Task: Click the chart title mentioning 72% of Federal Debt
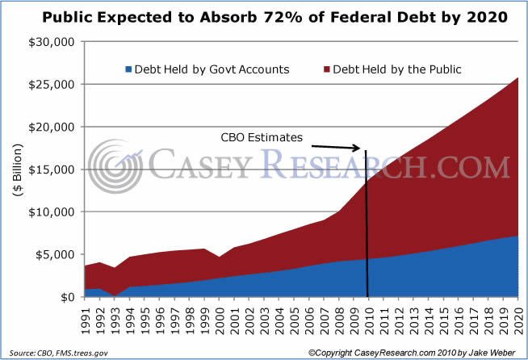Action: coord(264,17)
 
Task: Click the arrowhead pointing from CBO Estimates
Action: coord(357,148)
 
